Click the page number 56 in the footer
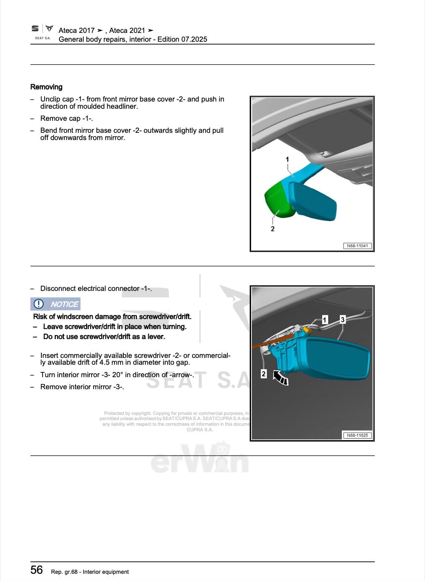(37, 570)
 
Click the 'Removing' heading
(47, 87)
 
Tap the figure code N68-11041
(357, 246)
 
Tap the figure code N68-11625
(357, 435)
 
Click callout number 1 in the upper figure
(287, 160)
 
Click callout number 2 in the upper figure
(273, 229)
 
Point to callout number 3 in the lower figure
(343, 319)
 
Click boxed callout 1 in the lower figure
(325, 319)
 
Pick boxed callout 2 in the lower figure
(264, 374)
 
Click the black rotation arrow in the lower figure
(280, 378)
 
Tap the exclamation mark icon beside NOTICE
(39, 304)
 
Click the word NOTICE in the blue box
(64, 305)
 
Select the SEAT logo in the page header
(35, 28)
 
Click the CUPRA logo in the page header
(49, 28)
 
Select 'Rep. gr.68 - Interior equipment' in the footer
(90, 572)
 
